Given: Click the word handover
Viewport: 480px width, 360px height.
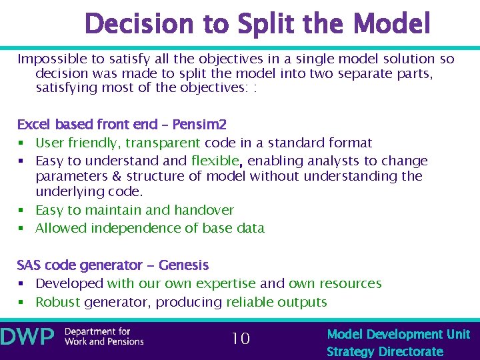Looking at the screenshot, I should coord(203,210).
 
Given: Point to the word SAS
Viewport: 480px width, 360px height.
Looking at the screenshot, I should coord(29,265).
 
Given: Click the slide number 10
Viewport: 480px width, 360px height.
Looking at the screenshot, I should coord(241,339).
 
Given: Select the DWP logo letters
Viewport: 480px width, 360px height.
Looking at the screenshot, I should coord(28,337).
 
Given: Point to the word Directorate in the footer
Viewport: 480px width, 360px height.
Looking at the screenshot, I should coord(411,351).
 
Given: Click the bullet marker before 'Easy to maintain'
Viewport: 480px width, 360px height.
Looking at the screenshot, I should coord(21,211).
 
